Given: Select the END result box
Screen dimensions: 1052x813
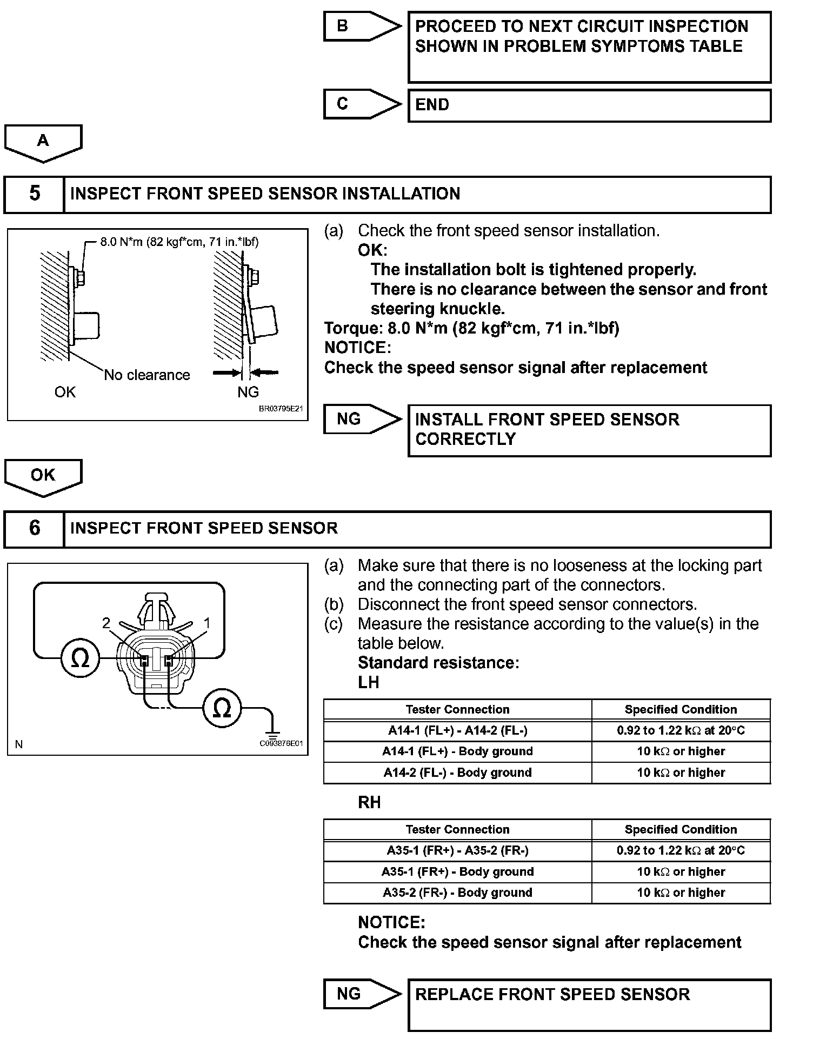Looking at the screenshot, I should click(589, 105).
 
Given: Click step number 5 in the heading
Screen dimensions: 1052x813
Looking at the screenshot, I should click(34, 194).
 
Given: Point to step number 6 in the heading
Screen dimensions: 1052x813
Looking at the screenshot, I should click(34, 528).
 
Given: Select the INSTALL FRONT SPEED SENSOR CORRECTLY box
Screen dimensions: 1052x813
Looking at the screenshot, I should click(589, 430).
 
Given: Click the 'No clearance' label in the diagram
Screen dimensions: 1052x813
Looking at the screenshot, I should click(147, 375).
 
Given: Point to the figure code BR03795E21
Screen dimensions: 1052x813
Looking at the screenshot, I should click(281, 409).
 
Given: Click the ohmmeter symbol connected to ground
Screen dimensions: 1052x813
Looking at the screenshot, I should click(222, 708).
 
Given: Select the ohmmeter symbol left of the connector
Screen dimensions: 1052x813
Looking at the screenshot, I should click(80, 658).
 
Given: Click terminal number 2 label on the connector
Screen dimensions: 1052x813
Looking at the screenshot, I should click(106, 623).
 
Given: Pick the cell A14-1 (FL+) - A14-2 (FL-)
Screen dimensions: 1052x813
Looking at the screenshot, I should click(458, 730).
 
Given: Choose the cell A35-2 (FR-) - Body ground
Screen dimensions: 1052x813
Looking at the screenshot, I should click(458, 893).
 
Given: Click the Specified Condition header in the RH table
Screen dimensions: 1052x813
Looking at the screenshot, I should click(681, 829).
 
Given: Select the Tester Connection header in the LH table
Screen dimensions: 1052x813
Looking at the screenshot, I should click(458, 709).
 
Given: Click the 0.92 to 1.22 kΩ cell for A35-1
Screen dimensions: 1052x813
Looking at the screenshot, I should click(681, 850).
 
